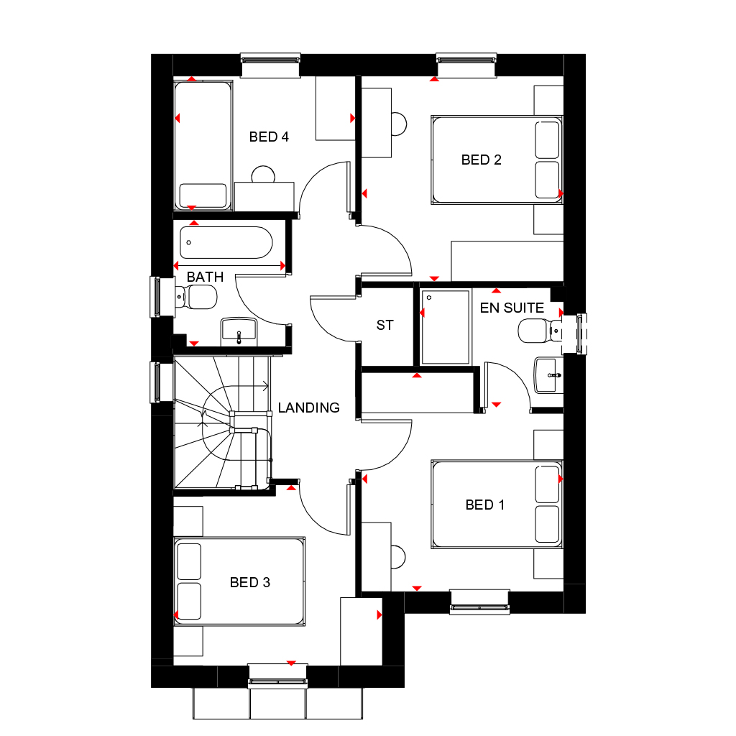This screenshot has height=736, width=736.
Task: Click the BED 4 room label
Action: [x=269, y=137]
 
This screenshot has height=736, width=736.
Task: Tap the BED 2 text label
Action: [x=481, y=160]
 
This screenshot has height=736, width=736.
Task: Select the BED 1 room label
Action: [x=484, y=505]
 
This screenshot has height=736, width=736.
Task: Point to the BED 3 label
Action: [x=249, y=582]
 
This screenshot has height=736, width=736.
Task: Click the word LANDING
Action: [x=308, y=408]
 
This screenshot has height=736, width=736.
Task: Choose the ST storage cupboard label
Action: [x=385, y=325]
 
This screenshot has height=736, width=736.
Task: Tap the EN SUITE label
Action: [x=512, y=308]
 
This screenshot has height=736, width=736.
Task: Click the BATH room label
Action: [x=205, y=277]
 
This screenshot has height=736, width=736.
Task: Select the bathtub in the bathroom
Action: [x=226, y=243]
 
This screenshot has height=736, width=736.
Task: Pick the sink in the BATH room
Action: [x=239, y=330]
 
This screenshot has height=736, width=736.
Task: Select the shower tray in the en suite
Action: [x=445, y=326]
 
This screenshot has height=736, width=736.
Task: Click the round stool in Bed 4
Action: [x=263, y=175]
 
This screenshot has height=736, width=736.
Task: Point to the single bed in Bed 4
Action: [x=203, y=145]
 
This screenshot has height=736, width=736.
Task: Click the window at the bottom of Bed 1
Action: [x=479, y=601]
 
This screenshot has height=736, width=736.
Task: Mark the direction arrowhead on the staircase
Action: [x=267, y=385]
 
